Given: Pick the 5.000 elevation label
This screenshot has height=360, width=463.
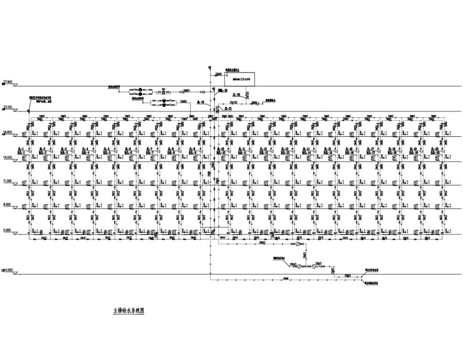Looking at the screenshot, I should point(7,230).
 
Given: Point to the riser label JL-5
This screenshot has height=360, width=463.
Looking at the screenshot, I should point(106,149).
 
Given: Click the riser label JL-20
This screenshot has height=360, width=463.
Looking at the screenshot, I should point(433,149).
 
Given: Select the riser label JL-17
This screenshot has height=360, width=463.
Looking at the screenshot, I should point(370,149).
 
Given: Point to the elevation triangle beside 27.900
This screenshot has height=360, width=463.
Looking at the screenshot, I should point(15,84).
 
